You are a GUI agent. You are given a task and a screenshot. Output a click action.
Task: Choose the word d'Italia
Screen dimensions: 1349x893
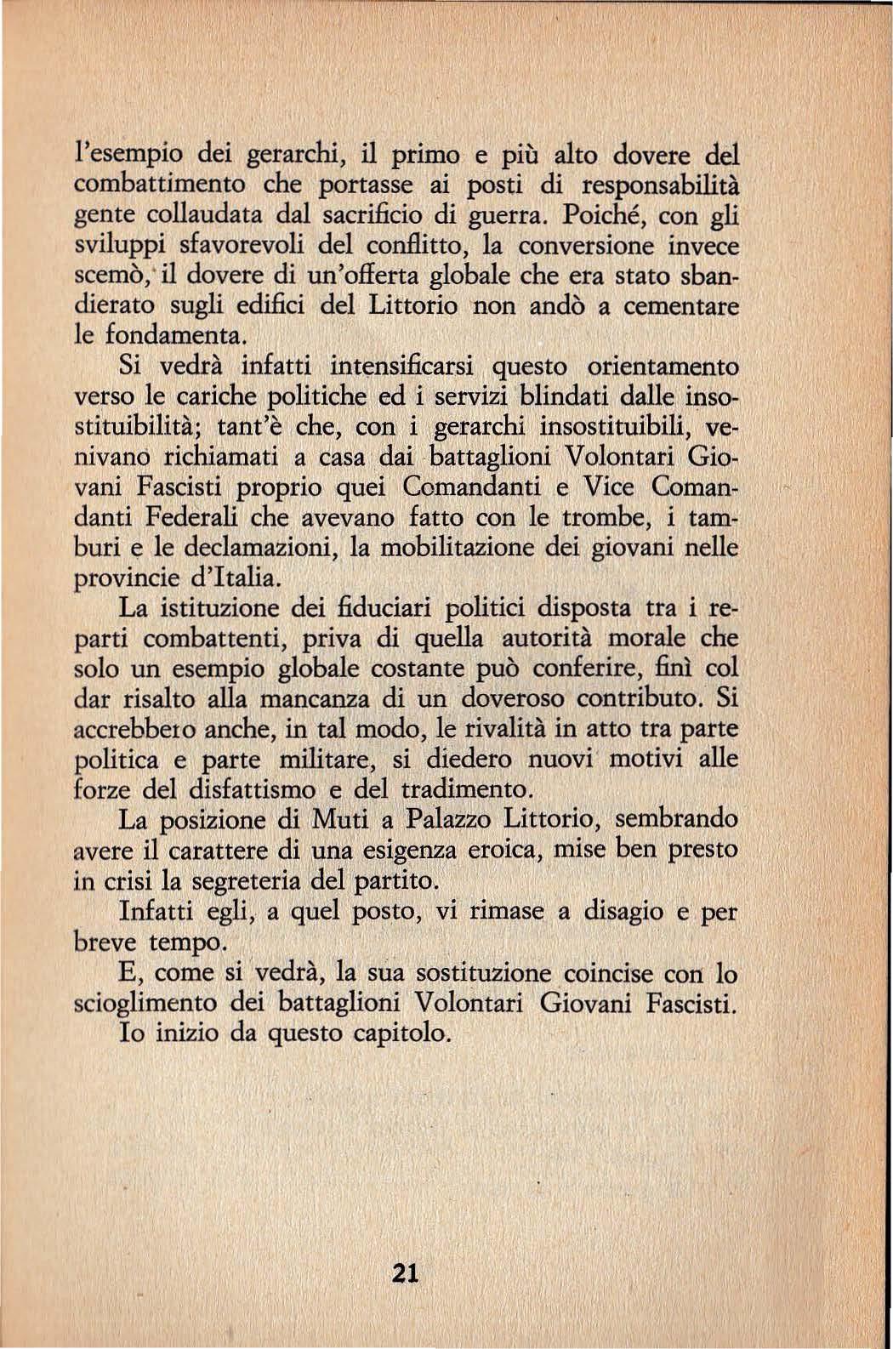pyautogui.click(x=234, y=580)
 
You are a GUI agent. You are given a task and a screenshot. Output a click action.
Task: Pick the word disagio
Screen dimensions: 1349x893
pyautogui.click(x=617, y=912)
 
